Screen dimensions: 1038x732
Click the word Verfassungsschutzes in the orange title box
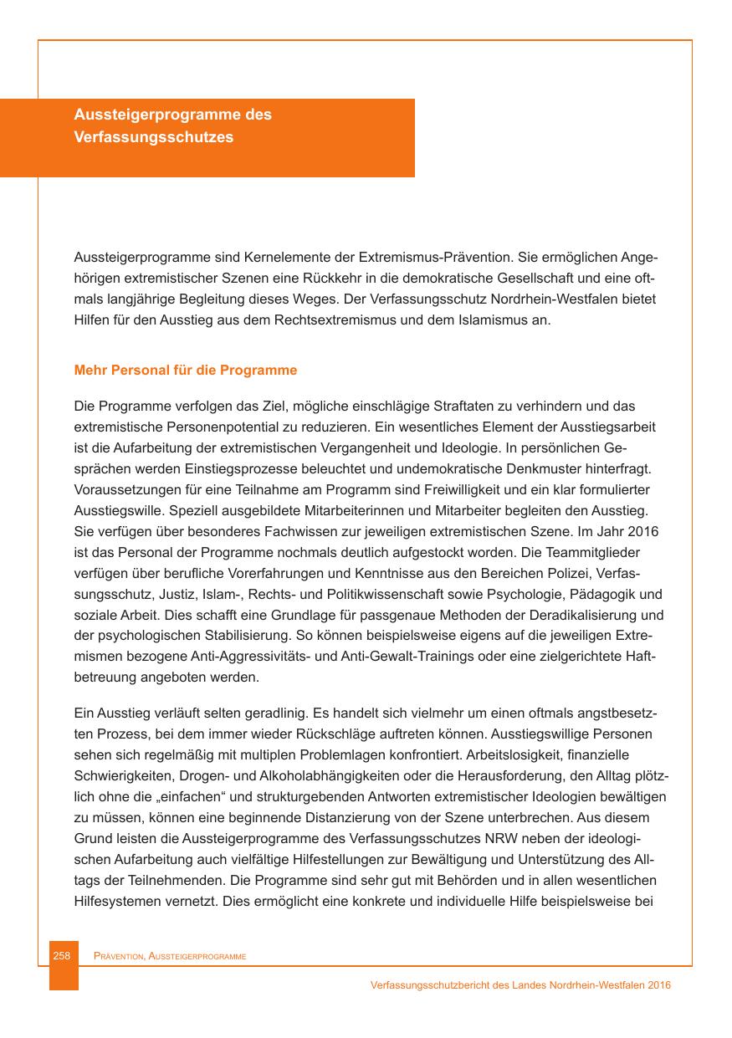[x=153, y=137]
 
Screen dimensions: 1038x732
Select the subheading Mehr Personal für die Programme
[x=186, y=370]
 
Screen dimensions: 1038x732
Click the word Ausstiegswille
[x=115, y=509]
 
